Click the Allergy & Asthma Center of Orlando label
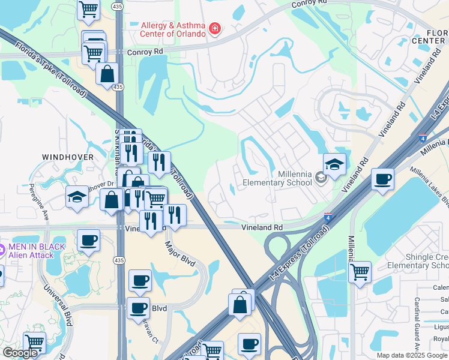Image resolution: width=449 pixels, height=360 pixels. [173, 29]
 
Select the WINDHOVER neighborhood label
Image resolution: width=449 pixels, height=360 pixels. [68, 157]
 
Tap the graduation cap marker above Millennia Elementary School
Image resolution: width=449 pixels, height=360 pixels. [334, 164]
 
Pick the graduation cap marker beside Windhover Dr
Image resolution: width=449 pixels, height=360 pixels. [77, 197]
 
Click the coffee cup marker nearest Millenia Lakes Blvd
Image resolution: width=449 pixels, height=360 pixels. [382, 179]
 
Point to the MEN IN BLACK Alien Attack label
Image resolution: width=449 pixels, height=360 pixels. [32, 251]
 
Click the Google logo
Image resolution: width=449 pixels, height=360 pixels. [20, 353]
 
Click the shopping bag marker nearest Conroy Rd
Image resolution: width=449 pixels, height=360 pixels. [107, 74]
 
